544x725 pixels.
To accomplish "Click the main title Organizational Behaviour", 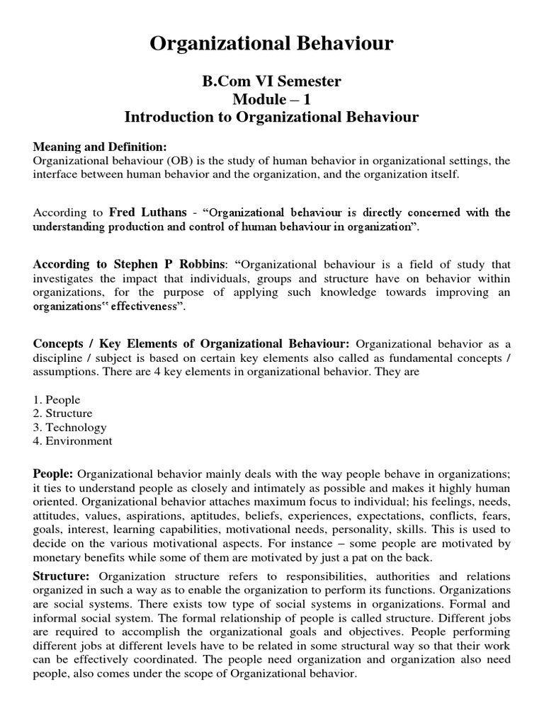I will (272, 45).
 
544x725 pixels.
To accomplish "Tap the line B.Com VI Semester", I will (272, 81).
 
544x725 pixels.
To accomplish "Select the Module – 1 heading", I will (272, 99).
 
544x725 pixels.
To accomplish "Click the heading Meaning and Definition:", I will (100, 147).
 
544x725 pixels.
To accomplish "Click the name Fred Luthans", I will (147, 212).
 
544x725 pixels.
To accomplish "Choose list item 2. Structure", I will (63, 413).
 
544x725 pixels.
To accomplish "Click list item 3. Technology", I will (69, 428).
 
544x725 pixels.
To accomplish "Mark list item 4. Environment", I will (72, 441).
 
